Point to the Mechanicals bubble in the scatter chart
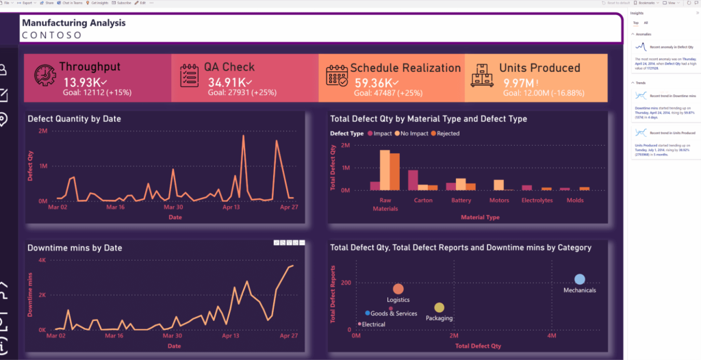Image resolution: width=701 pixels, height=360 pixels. coord(579,279)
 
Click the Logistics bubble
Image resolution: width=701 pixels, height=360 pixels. coord(398,290)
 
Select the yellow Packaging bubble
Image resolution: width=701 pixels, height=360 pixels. coord(439,308)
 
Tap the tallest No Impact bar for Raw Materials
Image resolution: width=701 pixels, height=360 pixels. coord(385,169)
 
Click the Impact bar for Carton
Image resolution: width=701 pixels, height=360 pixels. coord(413,179)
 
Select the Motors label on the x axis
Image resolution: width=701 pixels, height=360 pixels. coord(499,201)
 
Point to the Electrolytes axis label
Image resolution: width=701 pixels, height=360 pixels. coord(536,201)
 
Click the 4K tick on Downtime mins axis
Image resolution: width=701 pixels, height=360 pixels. coord(41,260)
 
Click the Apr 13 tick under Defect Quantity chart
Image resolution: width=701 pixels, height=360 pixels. coord(233,207)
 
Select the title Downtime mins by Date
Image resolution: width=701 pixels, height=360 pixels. coord(75,248)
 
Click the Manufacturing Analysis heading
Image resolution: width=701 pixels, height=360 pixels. coord(73,23)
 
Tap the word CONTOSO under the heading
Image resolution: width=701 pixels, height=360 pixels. coord(52,34)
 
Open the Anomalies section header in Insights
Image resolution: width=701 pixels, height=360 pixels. coord(643,34)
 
